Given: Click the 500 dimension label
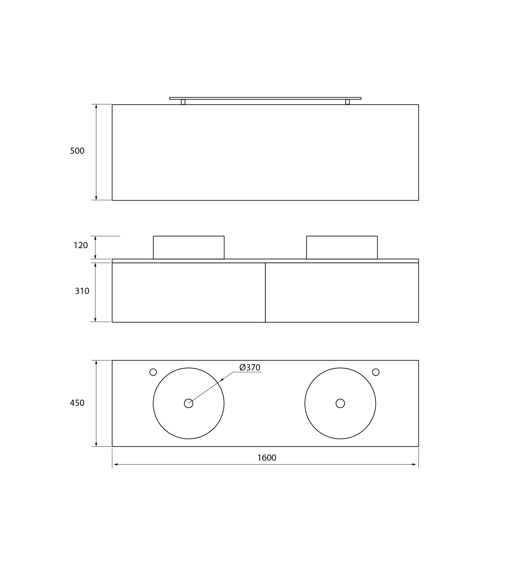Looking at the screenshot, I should pos(77,151).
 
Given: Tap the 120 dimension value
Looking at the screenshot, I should pos(81,245).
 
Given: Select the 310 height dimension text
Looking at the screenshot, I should pos(82,291).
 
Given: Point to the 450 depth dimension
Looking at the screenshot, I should pos(77,403).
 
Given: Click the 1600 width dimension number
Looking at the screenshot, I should pos(267,458).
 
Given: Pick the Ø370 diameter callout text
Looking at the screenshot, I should pos(250,368).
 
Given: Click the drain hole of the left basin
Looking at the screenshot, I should pos(188,403).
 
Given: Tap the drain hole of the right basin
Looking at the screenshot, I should pos(340,403).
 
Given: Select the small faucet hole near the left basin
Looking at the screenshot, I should pos(153,372).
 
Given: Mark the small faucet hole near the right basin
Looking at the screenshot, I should pos(376,372).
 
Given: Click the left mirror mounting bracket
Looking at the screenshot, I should pos(183,102).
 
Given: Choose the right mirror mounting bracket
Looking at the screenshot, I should pos(347,102).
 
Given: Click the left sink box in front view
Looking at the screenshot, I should pos(188,248).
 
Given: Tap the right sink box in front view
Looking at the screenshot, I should pos(342,248).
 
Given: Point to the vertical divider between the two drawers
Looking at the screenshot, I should pos(265,292).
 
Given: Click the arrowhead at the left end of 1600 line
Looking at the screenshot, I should pos(115,465).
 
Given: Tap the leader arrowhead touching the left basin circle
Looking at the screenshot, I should pos(222,379).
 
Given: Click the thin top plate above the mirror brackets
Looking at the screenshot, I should pos(265,98).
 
